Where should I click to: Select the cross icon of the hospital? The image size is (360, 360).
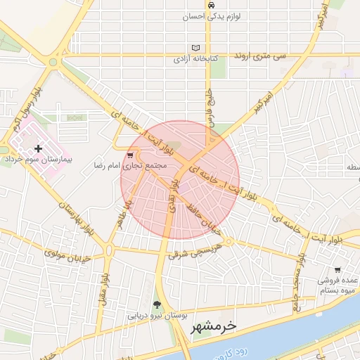tap(38, 148)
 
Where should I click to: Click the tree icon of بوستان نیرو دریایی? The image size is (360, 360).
tap(156, 304)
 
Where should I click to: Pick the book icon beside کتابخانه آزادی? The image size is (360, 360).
tap(196, 48)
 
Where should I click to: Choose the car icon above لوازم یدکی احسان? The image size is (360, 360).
tap(211, 4)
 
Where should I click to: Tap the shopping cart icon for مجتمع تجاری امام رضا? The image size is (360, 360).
tap(130, 155)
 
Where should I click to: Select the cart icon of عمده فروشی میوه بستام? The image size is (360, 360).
tap(337, 269)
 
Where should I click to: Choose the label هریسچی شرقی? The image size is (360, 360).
tap(196, 250)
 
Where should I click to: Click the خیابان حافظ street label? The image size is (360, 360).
tap(205, 219)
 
